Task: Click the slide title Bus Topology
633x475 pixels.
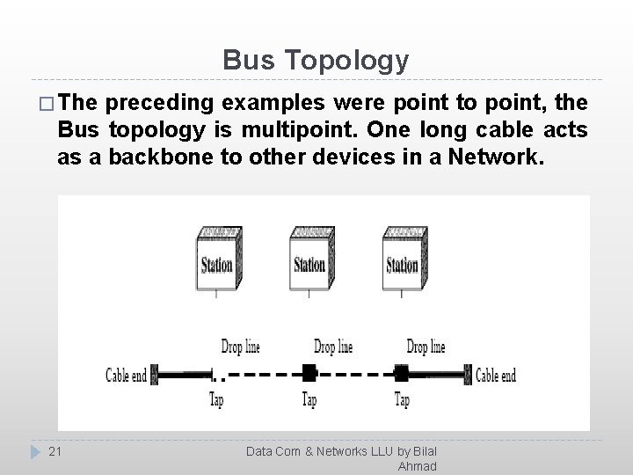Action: (x=316, y=60)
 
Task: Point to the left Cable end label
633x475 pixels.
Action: (x=127, y=376)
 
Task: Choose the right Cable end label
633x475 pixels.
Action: (x=496, y=376)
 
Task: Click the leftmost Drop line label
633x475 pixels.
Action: (x=240, y=347)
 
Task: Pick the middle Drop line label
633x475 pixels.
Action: (x=333, y=347)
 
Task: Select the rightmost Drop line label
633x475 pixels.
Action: (x=426, y=347)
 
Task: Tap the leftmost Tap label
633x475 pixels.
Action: (x=216, y=400)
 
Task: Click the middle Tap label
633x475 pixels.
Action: (x=309, y=400)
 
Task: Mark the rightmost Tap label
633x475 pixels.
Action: (x=402, y=400)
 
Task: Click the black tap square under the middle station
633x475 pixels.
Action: (x=309, y=373)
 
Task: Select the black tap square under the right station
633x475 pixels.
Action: (x=402, y=373)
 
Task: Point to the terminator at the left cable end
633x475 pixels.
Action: (x=155, y=375)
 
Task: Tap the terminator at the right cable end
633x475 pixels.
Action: (x=470, y=375)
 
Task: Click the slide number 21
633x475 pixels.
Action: (x=55, y=451)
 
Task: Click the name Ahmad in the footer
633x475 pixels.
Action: (x=417, y=466)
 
